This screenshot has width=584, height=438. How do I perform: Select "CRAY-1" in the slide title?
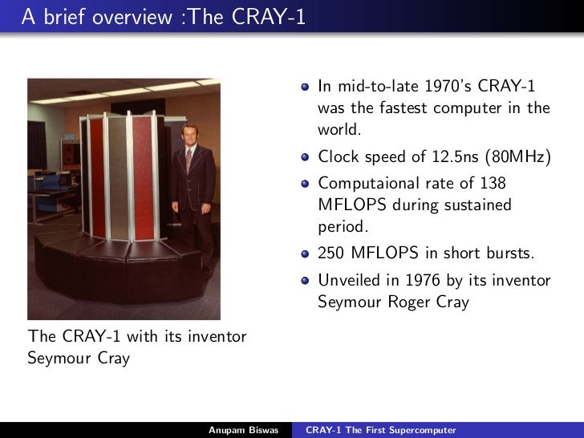268,17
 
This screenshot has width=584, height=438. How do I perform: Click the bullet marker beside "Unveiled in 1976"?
306,282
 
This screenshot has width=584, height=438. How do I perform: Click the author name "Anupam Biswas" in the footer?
243,430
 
